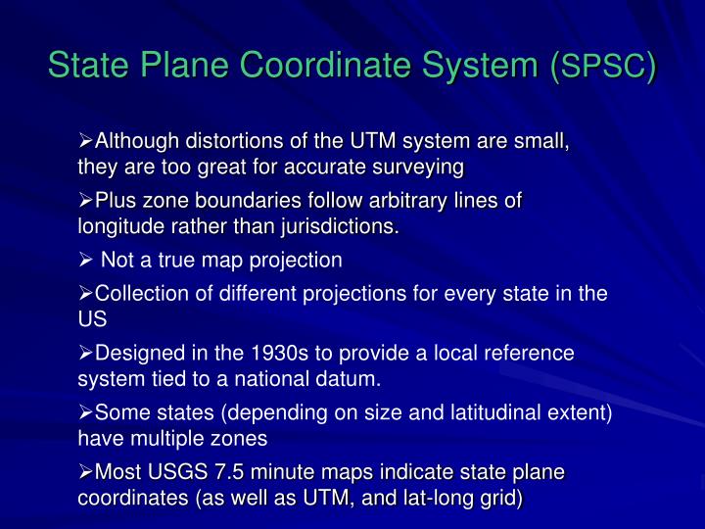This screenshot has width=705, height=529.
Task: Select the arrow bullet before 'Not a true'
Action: coord(85,261)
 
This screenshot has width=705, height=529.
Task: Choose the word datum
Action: coord(353,377)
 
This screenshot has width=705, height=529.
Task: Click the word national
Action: coord(291,377)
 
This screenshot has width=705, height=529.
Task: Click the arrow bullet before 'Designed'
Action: coord(85,352)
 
